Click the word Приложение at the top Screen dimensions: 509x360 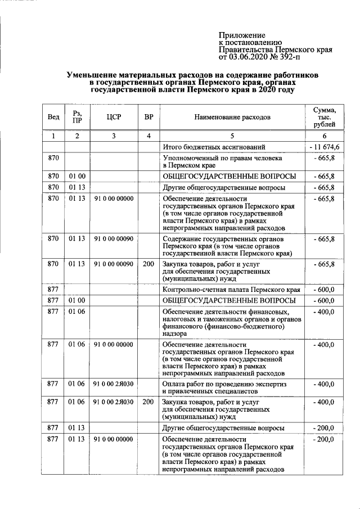tap(241, 35)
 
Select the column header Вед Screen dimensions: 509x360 tap(53, 117)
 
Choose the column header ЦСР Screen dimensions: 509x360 tap(114, 117)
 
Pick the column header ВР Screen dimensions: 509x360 tap(148, 117)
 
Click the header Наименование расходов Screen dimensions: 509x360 tap(232, 117)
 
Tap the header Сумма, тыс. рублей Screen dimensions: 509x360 tap(325, 117)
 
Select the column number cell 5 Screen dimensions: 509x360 tap(232, 136)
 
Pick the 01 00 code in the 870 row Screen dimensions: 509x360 tap(77, 177)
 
